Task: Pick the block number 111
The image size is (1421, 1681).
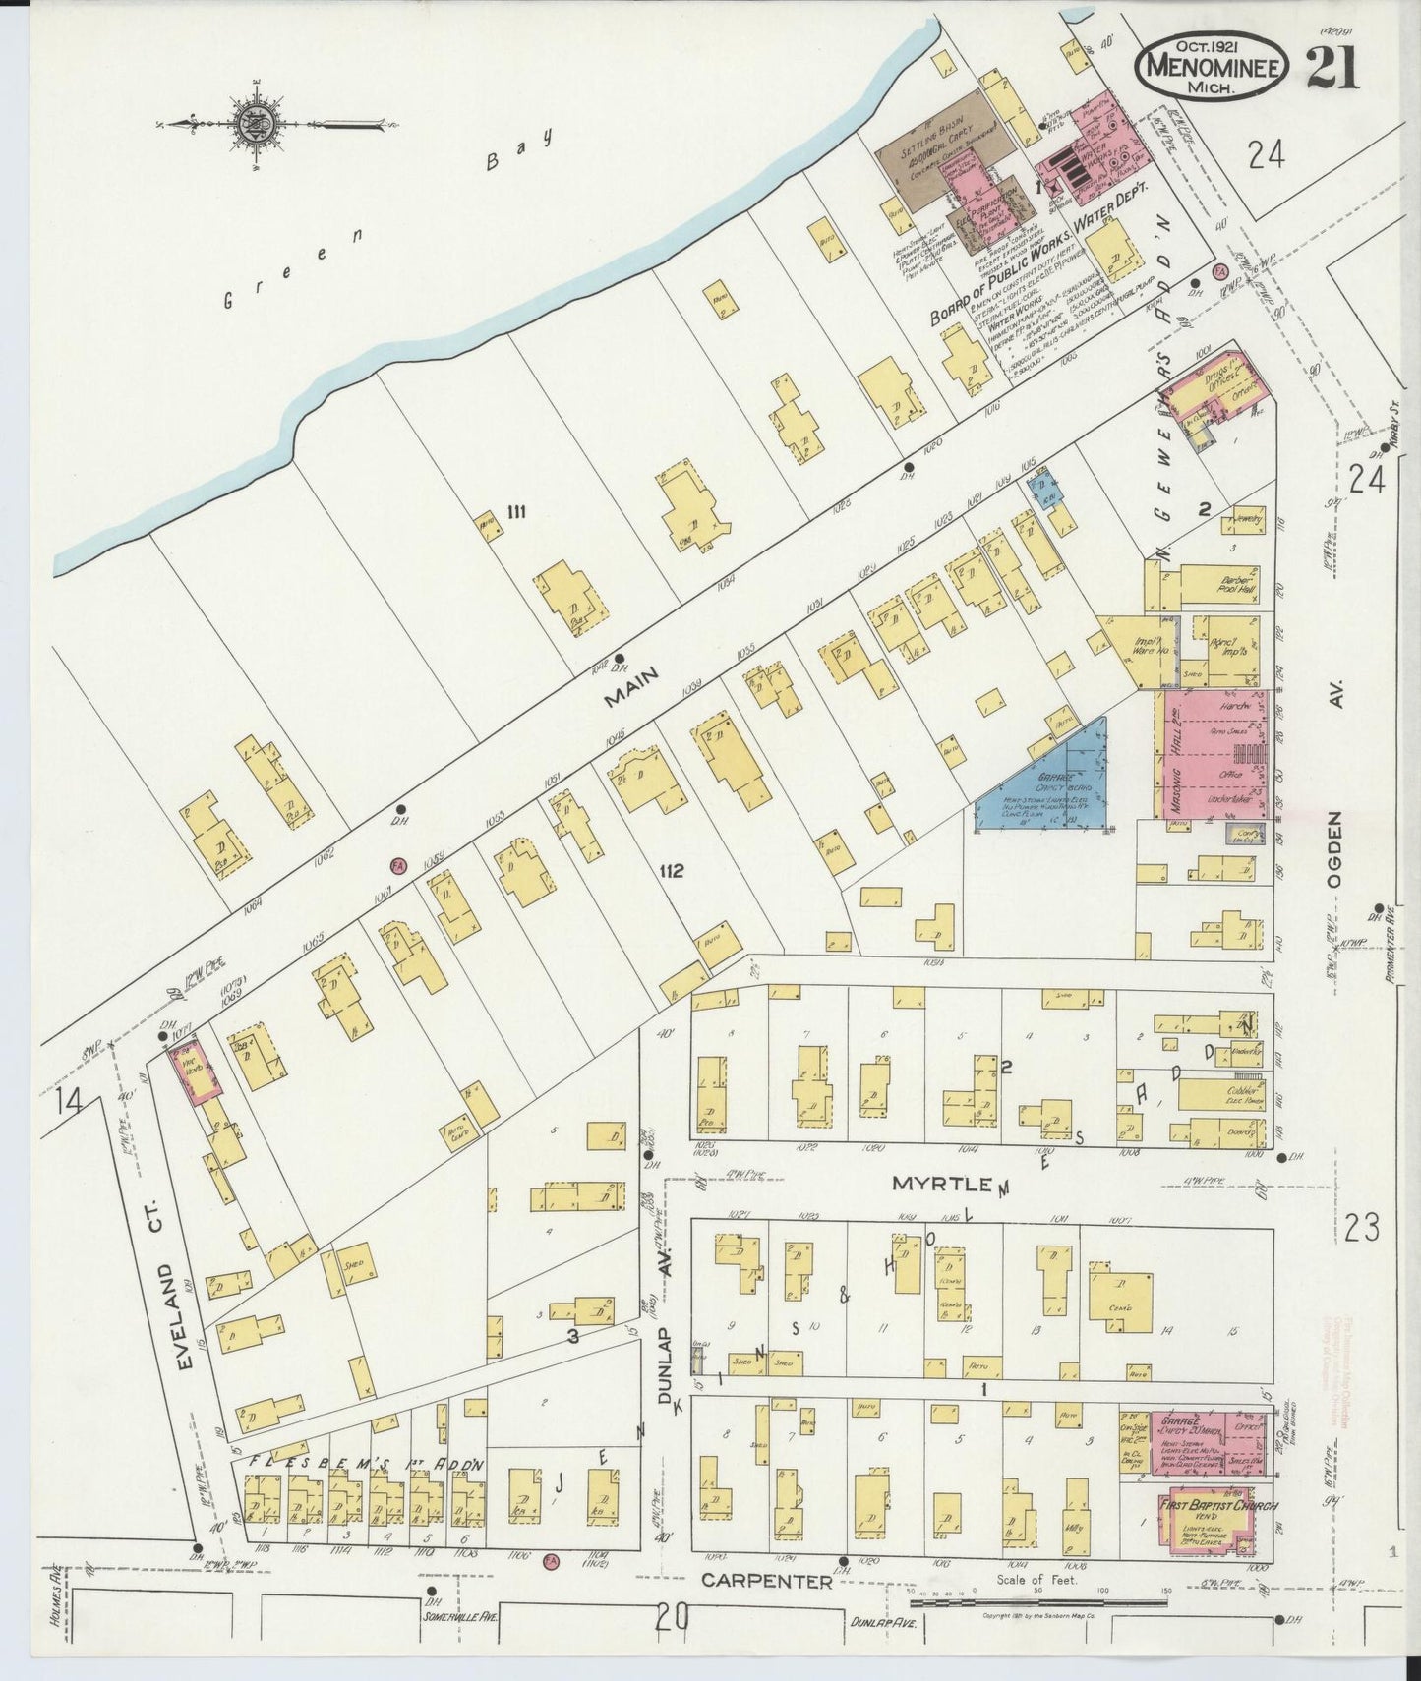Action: [x=517, y=511]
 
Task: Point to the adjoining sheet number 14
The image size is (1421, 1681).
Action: [x=69, y=1101]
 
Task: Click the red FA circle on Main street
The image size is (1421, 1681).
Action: [x=398, y=864]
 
